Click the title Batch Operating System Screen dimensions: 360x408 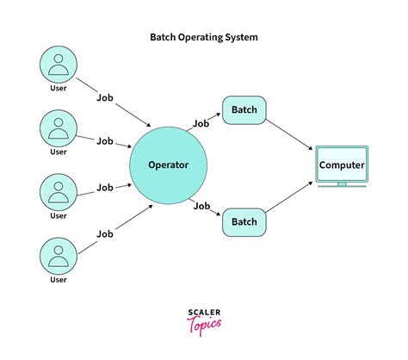point(203,38)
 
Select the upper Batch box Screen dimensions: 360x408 point(244,110)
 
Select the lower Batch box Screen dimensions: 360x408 point(244,222)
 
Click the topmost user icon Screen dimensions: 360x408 point(58,65)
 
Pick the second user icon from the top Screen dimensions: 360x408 point(58,127)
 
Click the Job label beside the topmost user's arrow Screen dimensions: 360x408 point(105,98)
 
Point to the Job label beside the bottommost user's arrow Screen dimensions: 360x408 point(105,233)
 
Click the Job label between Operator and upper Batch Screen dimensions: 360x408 point(201,123)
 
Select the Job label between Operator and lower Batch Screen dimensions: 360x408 point(201,206)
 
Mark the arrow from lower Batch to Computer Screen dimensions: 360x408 point(288,200)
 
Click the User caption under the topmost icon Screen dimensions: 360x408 point(58,89)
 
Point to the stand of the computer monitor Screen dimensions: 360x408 point(342,183)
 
